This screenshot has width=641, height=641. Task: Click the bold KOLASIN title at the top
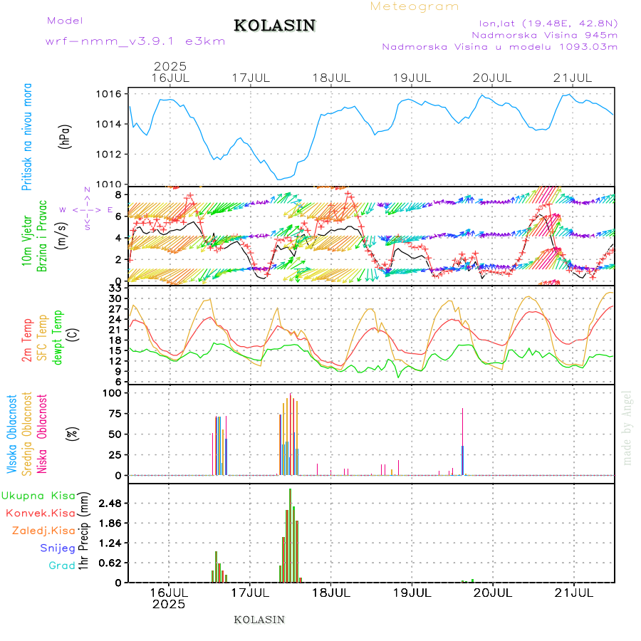coord(274,26)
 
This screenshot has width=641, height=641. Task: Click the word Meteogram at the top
coord(415,6)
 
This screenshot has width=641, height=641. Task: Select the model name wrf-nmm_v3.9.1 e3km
coord(135,41)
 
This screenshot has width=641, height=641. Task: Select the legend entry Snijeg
coord(58,548)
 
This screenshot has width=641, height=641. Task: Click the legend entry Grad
coord(62,566)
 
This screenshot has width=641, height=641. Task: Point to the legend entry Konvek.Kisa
coord(41,513)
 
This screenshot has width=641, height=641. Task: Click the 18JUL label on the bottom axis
coord(330,592)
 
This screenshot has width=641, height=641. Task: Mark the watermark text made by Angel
coord(627,427)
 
